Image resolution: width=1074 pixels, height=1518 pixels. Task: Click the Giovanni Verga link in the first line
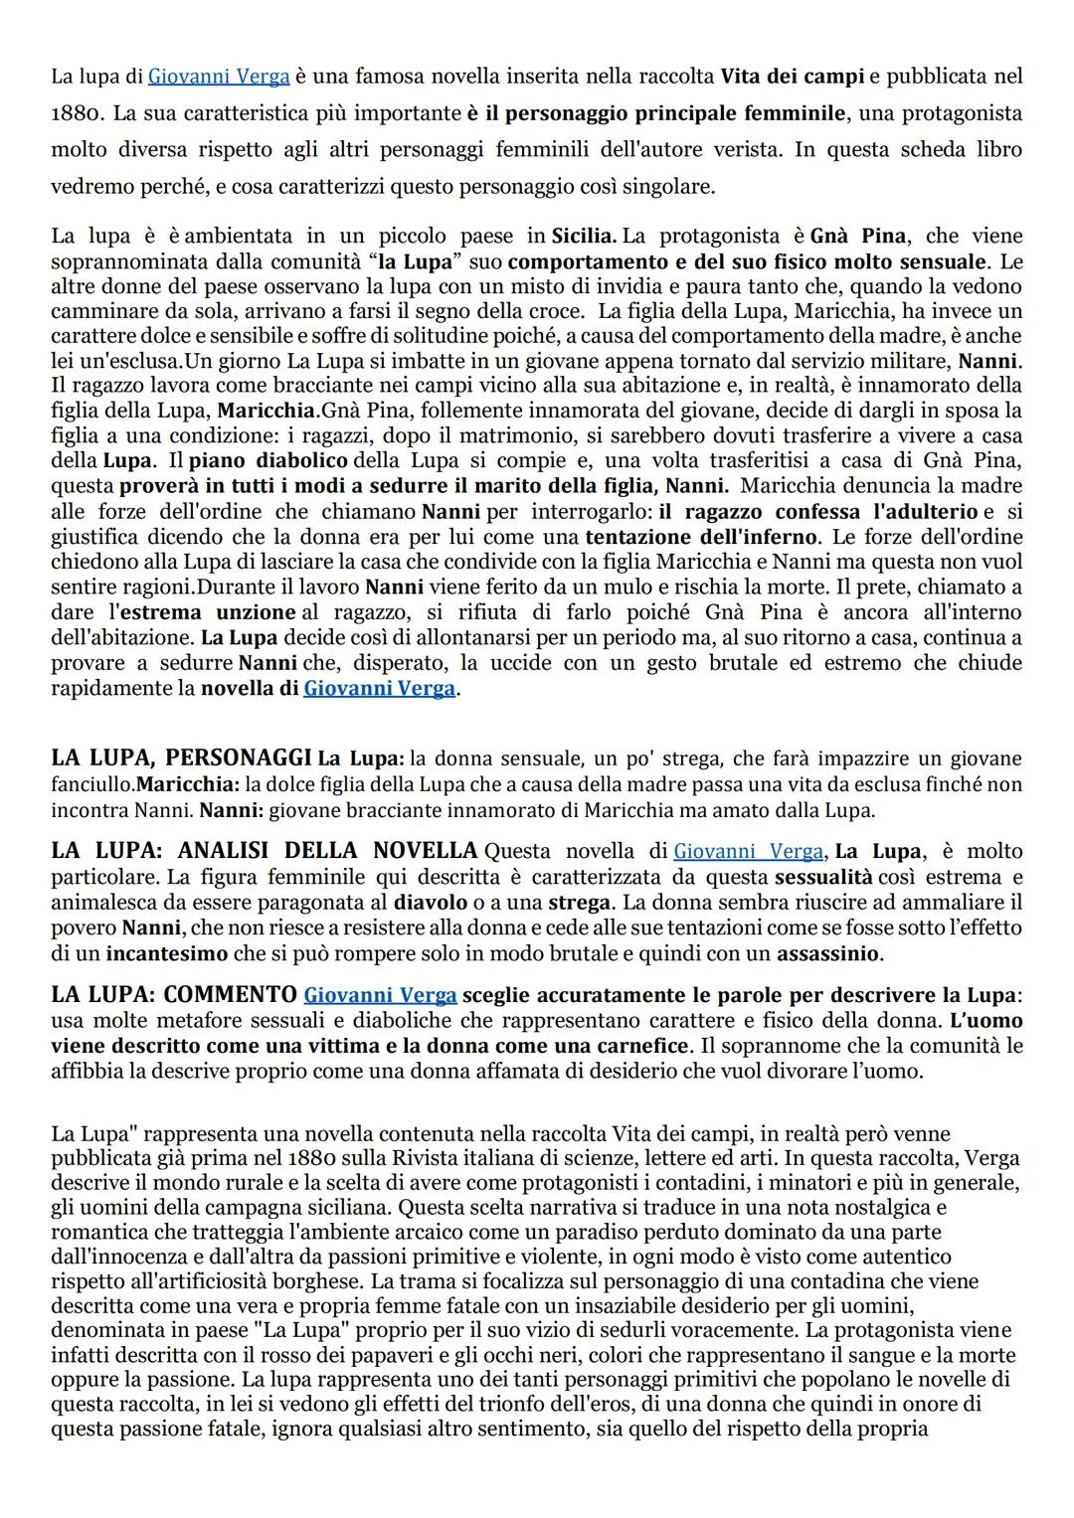tap(219, 76)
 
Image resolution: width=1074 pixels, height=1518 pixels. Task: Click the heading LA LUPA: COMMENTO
tap(174, 995)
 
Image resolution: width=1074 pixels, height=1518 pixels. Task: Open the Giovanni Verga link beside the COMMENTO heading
tap(380, 995)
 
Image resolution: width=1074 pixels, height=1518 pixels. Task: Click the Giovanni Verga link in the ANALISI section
tap(748, 852)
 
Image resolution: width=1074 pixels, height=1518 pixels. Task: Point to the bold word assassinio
tap(826, 953)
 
